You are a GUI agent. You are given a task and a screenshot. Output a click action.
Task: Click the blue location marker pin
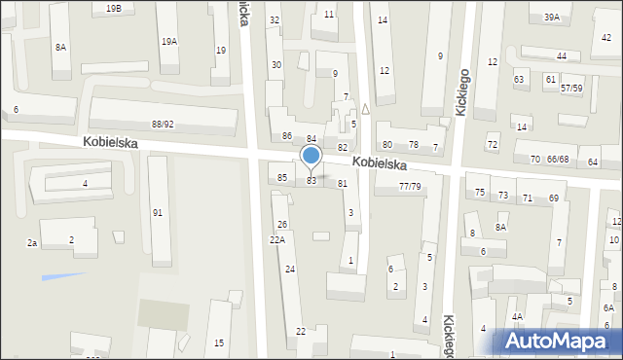click(311, 157)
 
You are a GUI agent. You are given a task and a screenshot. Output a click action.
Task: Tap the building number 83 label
click(311, 181)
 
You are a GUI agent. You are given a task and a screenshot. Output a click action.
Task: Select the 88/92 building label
click(163, 124)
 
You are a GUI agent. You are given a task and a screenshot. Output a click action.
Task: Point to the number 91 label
click(157, 212)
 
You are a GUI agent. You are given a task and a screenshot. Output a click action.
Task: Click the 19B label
click(114, 8)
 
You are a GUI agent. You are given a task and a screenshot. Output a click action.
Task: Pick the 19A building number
click(169, 42)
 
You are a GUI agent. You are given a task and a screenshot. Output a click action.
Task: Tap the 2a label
click(31, 242)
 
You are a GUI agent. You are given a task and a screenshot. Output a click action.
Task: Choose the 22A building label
click(277, 239)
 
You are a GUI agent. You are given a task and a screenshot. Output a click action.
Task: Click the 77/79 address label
click(411, 186)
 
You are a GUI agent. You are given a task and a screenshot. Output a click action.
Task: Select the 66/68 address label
click(558, 159)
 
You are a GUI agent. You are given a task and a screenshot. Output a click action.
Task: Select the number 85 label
click(282, 177)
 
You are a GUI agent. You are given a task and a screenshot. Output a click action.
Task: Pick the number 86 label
click(287, 135)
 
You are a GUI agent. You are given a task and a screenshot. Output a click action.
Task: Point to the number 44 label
click(562, 56)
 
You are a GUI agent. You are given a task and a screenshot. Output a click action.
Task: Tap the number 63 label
click(519, 79)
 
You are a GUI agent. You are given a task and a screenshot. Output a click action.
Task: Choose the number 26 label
click(281, 225)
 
